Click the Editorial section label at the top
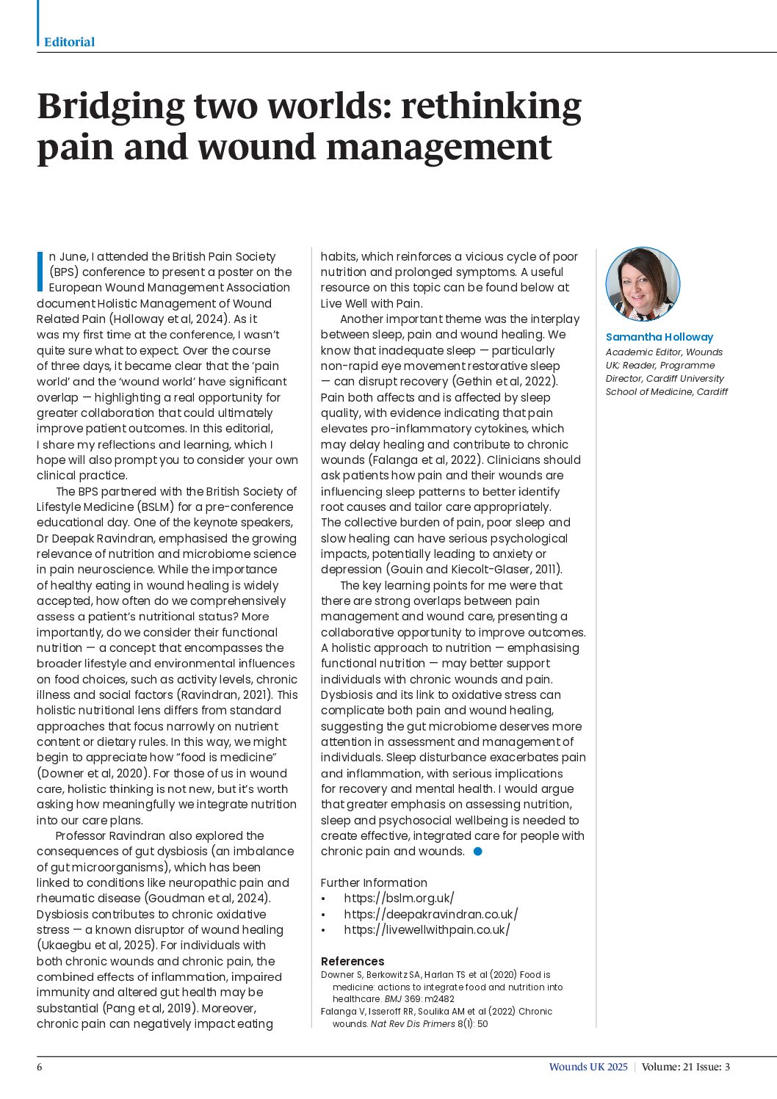pyautogui.click(x=69, y=42)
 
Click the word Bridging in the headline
pyautogui.click(x=110, y=106)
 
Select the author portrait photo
pyautogui.click(x=643, y=285)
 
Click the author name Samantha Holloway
pyautogui.click(x=659, y=337)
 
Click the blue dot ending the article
pyautogui.click(x=478, y=852)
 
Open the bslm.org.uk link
pyautogui.click(x=399, y=899)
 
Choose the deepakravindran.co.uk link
pyautogui.click(x=430, y=914)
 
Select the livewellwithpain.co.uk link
pyautogui.click(x=427, y=929)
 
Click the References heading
pyautogui.click(x=352, y=961)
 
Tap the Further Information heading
pyautogui.click(x=374, y=882)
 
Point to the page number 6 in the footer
pyautogui.click(x=40, y=1067)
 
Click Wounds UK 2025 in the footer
pyautogui.click(x=588, y=1067)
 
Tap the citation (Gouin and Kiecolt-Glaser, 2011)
pyautogui.click(x=441, y=570)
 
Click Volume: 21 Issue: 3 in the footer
pyautogui.click(x=685, y=1067)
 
